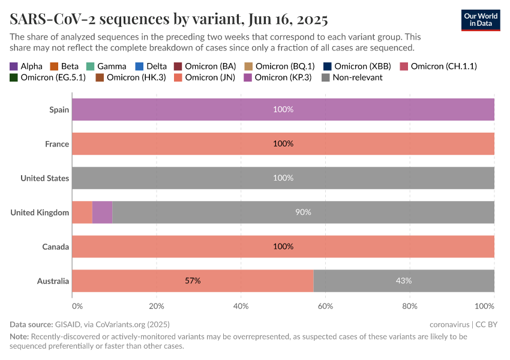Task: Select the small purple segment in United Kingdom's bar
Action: (102, 212)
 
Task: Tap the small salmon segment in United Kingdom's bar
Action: (82, 212)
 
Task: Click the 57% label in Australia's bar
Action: (193, 281)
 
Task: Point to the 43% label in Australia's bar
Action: (403, 281)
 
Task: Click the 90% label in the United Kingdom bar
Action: (303, 212)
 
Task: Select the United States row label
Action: (44, 178)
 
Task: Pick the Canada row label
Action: (55, 247)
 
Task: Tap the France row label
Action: (56, 144)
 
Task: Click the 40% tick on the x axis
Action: (241, 307)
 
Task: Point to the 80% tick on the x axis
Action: (410, 307)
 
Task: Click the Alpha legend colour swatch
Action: (14, 66)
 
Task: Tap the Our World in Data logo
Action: (481, 20)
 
